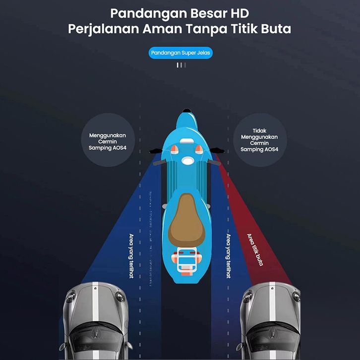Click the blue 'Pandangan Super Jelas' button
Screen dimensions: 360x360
[180, 53]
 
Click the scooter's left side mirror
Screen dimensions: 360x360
[156, 151]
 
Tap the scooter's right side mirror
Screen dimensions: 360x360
[217, 151]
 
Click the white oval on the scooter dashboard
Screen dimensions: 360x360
[188, 160]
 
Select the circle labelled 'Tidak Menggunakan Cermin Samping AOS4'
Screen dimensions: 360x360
[260, 140]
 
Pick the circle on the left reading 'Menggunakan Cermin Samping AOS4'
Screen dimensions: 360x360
[108, 140]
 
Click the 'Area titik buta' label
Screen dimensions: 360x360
[255, 249]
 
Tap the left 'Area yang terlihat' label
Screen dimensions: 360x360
[131, 256]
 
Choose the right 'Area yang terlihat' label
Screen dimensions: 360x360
[229, 256]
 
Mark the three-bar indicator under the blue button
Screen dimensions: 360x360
[181, 65]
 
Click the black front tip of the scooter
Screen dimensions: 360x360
[187, 111]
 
